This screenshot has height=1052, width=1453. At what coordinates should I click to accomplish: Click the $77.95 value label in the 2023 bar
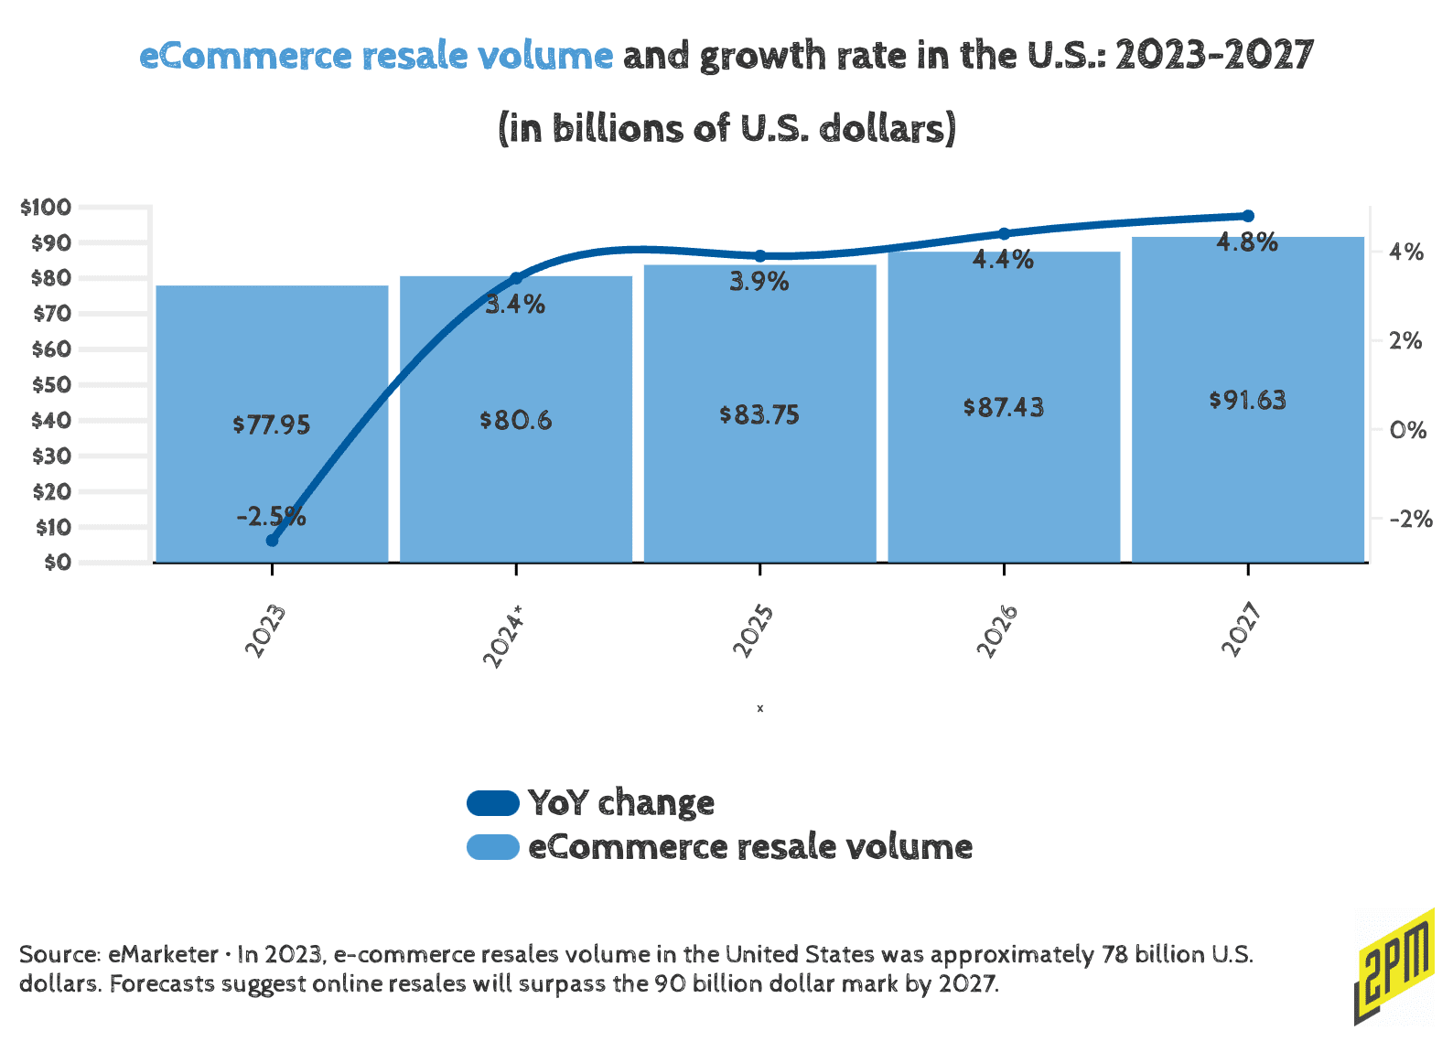coord(272,424)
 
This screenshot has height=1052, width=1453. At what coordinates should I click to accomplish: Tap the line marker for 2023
coord(272,541)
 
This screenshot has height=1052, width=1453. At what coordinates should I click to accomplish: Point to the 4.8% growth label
coord(1247,242)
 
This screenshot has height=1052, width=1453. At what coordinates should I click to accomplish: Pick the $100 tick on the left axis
coord(45,207)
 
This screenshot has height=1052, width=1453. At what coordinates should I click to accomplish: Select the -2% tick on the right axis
coord(1411,519)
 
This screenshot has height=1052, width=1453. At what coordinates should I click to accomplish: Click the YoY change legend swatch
coord(493,803)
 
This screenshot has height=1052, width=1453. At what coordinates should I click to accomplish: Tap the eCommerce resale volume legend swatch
coord(493,847)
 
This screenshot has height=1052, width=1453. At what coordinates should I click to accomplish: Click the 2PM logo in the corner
coord(1394,966)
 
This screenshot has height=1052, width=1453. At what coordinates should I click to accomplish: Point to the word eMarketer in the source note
coord(164,954)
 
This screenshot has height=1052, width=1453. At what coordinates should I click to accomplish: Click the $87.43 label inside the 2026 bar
coord(1004,407)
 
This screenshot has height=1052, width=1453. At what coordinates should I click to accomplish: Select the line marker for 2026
coord(1004,234)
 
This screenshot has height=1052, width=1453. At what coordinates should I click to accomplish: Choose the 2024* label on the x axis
coord(502,636)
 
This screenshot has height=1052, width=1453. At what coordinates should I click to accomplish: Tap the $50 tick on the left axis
coord(51,384)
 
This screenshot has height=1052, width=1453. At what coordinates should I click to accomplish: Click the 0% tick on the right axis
coord(1407,430)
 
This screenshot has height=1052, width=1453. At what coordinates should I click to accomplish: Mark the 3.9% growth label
coord(759,282)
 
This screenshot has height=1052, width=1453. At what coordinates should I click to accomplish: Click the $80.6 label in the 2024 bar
coord(516,421)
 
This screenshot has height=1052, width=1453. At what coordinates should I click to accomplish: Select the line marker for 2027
coord(1248,216)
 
